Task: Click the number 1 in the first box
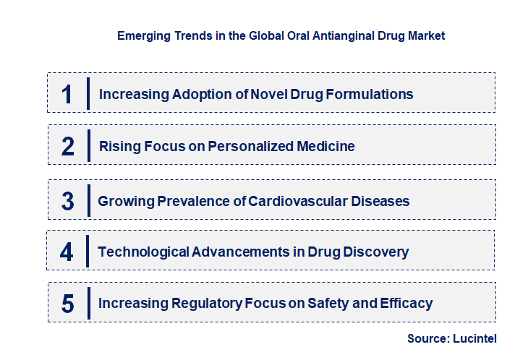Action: [67, 94]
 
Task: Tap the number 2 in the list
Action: [67, 147]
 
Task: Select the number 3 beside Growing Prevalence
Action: [67, 201]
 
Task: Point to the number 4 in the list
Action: [67, 252]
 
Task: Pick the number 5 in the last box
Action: [67, 304]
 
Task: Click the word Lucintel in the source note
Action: [475, 338]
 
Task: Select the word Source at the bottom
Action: [428, 338]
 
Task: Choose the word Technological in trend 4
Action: [143, 252]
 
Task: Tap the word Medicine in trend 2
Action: [326, 147]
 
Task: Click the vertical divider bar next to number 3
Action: [88, 200]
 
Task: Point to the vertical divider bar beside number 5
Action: [88, 302]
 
